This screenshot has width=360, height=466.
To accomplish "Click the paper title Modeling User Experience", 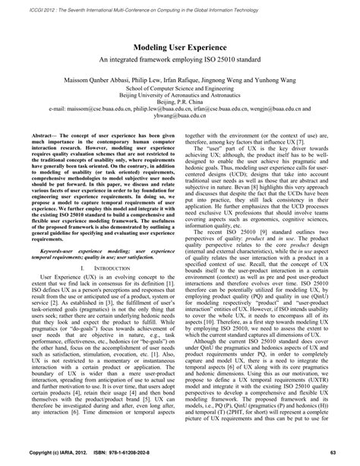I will pyautogui.click(x=179, y=46).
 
